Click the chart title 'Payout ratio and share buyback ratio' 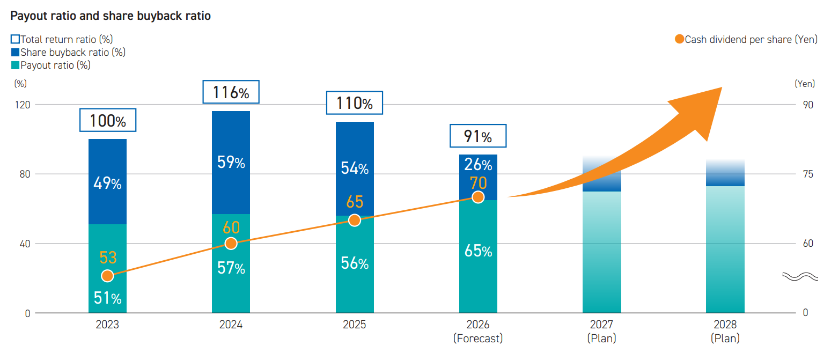point(111,16)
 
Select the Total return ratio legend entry point(62,39)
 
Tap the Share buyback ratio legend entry point(68,53)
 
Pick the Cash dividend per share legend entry point(746,39)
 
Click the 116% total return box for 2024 point(231,92)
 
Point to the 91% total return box point(478,136)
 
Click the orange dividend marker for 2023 point(107,276)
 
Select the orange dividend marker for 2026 point(478,197)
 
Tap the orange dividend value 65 point(355,202)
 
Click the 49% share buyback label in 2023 point(107,183)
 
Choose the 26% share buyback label point(478,164)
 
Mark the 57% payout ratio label point(231,268)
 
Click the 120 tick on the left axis point(23,105)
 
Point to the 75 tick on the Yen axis point(808,174)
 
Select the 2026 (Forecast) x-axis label point(478,331)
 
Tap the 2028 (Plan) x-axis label point(725,331)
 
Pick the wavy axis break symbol point(800,276)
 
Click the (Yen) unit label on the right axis point(805,84)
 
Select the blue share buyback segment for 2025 point(355,168)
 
